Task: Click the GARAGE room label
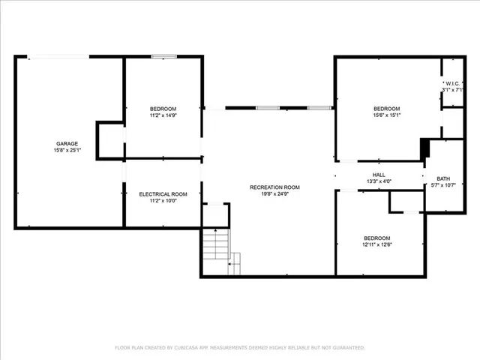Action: point(67,143)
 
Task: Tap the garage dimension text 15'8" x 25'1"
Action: point(67,150)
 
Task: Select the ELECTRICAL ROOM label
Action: point(163,194)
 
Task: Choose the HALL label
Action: point(379,175)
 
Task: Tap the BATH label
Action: point(444,178)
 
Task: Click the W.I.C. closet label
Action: point(453,83)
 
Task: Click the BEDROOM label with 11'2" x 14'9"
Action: point(163,109)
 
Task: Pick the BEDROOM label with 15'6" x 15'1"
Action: point(387,108)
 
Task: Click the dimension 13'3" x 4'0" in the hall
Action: point(379,181)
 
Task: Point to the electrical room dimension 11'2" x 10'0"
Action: point(163,201)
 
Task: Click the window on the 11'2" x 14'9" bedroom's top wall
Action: point(163,56)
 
